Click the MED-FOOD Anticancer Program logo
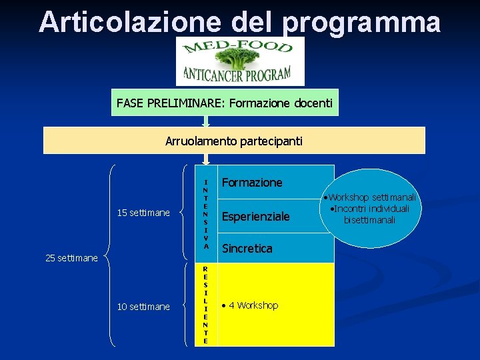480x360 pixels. [x=240, y=61]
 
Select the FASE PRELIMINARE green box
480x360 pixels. [x=225, y=103]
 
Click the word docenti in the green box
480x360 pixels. [x=313, y=103]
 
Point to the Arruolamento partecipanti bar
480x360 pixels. [x=234, y=141]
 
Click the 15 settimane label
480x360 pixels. [x=143, y=213]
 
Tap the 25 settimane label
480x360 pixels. [x=71, y=258]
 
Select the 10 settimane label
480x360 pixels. [x=143, y=307]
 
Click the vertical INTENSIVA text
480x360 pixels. [x=206, y=213]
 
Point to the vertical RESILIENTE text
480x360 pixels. [x=206, y=304]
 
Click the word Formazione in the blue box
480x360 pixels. [x=252, y=182]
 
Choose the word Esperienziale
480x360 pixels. [x=255, y=217]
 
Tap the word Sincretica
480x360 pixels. [x=247, y=249]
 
